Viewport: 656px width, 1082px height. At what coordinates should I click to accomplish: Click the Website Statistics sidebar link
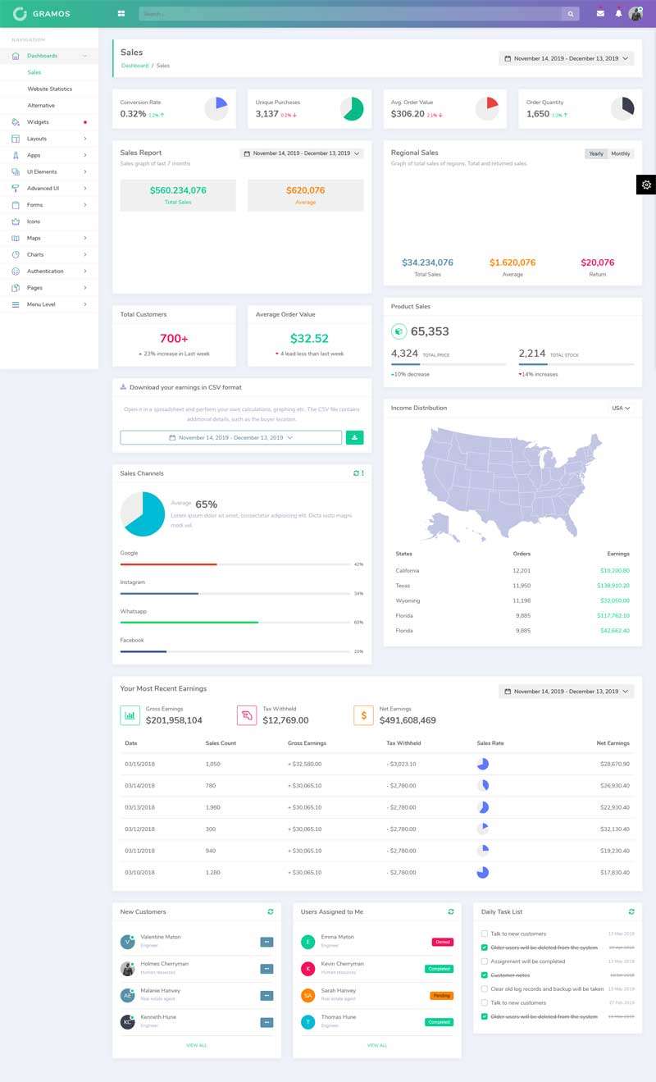point(49,89)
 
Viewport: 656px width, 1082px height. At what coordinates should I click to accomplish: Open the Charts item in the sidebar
point(35,254)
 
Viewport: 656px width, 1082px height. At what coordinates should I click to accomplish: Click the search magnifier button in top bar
point(570,14)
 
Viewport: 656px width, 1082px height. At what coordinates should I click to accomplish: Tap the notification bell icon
point(618,13)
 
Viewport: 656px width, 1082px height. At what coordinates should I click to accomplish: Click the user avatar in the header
point(635,13)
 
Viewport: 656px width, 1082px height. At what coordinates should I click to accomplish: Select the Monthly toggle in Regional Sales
point(621,153)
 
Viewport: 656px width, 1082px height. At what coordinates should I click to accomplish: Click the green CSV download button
point(354,437)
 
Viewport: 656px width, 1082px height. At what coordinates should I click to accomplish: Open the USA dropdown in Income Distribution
point(621,408)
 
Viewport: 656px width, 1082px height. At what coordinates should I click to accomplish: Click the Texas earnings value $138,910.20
point(613,586)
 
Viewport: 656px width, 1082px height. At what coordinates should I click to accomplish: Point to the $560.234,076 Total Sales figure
point(178,190)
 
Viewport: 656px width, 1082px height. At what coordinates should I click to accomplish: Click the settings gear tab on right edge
point(646,185)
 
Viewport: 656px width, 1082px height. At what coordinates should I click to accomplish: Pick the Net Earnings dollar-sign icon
point(363,715)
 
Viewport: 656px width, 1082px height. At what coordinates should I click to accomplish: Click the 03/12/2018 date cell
point(139,829)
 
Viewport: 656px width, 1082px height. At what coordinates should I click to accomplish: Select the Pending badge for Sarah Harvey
point(441,995)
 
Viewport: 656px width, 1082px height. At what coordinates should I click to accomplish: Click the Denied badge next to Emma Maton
point(443,942)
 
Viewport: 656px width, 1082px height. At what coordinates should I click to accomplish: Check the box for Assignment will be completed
point(485,961)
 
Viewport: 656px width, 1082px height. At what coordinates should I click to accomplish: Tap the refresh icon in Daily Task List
point(631,911)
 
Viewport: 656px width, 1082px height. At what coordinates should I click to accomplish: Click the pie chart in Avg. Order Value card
point(487,108)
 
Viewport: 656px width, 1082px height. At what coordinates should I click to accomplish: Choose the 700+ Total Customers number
point(174,338)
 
